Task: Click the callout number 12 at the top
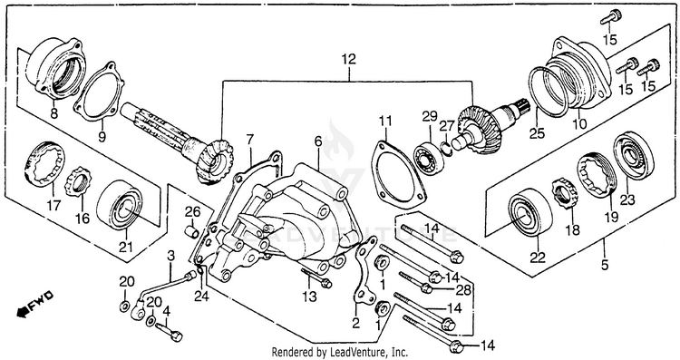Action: coord(348,59)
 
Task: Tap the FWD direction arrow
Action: coord(35,303)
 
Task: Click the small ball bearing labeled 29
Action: coord(427,156)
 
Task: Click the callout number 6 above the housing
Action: coord(318,141)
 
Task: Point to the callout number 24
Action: coord(201,297)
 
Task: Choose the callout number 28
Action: coord(462,290)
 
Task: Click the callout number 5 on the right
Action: coord(605,264)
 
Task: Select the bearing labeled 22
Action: coord(530,211)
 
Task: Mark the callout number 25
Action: coord(537,133)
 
